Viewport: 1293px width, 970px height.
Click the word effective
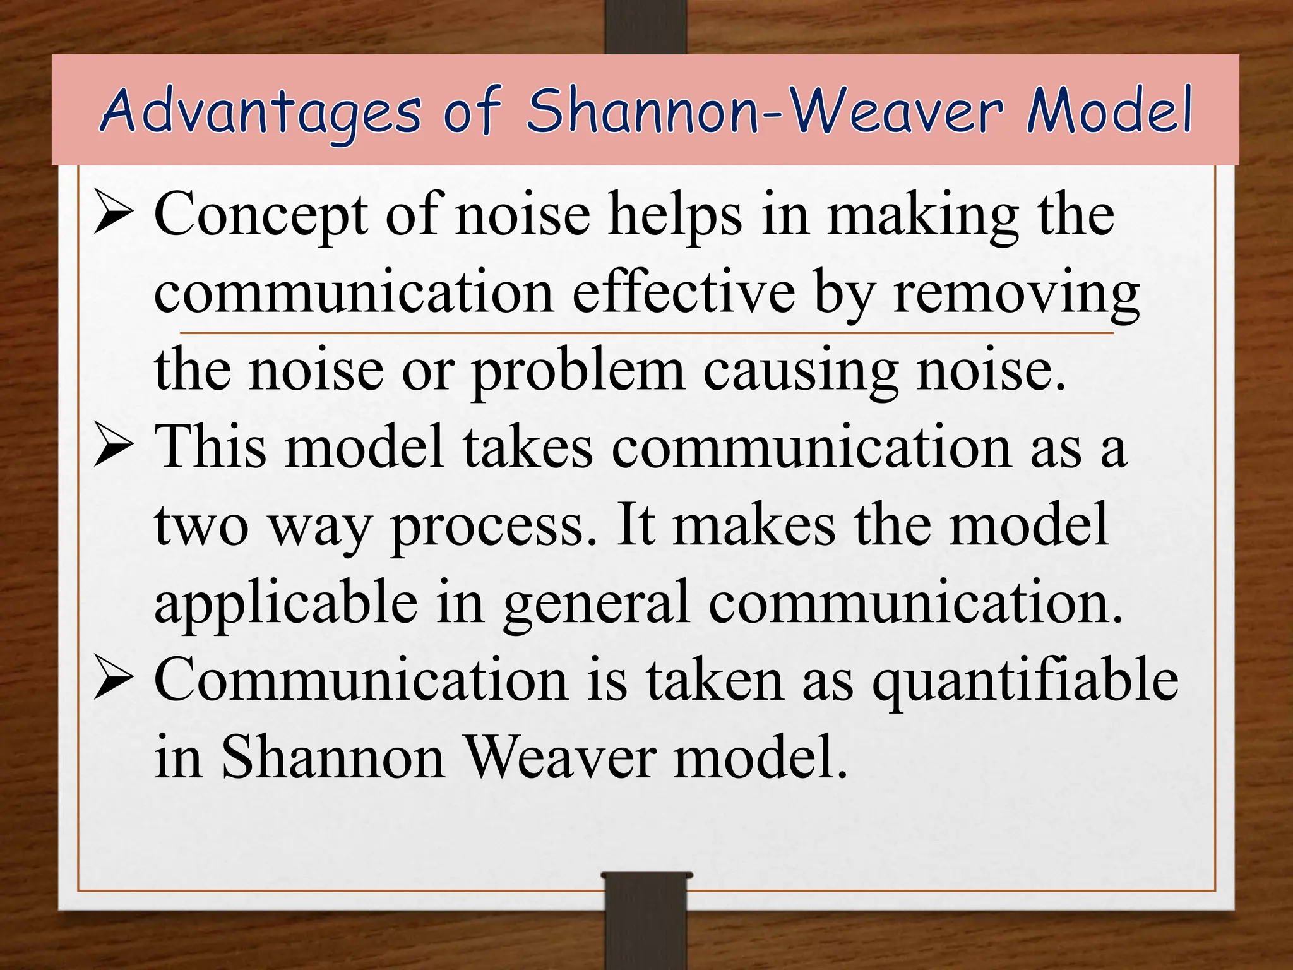(683, 293)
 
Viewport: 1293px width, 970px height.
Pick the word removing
(1016, 293)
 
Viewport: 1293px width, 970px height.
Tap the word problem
(578, 371)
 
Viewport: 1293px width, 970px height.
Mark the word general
(596, 602)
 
